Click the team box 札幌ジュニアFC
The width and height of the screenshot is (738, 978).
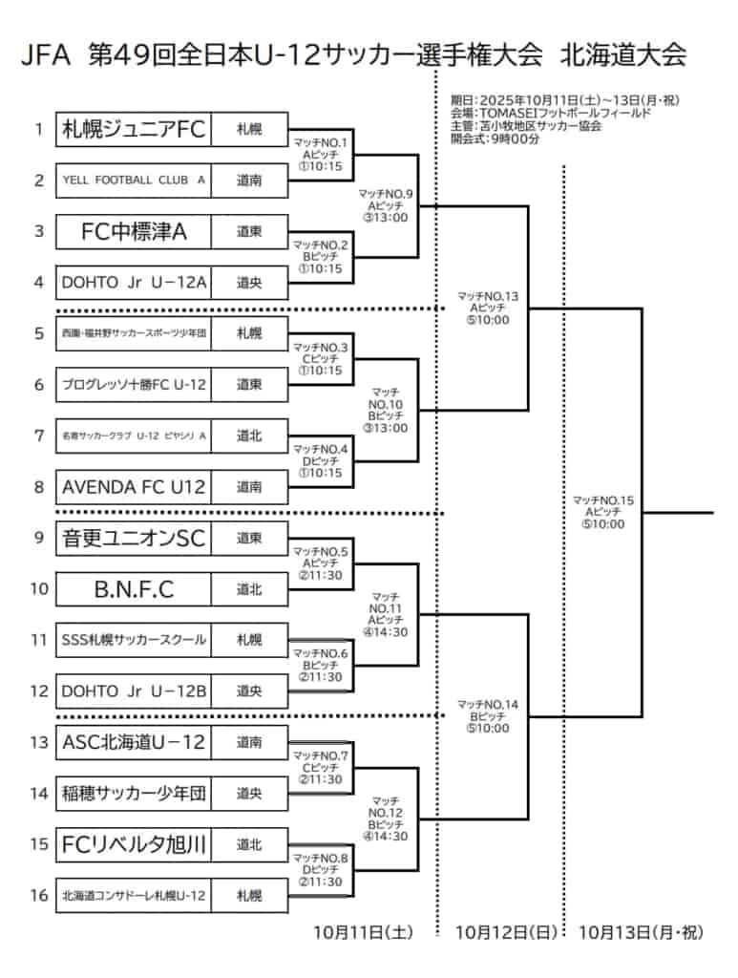pyautogui.click(x=134, y=130)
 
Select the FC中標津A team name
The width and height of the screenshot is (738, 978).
pyautogui.click(x=134, y=231)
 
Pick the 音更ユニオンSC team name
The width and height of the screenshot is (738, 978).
pyautogui.click(x=134, y=538)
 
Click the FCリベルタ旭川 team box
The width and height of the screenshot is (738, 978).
pyautogui.click(x=134, y=844)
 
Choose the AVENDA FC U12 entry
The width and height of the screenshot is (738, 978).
pyautogui.click(x=134, y=487)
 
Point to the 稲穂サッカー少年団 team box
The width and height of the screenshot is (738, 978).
pyautogui.click(x=134, y=793)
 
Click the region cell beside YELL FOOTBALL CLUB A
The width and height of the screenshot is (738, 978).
pyautogui.click(x=249, y=181)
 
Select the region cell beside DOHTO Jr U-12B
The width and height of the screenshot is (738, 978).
pyautogui.click(x=249, y=691)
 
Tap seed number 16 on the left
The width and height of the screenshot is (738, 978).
pyautogui.click(x=39, y=896)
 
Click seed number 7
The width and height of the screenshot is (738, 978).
pyautogui.click(x=39, y=436)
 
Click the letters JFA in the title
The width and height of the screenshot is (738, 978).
pyautogui.click(x=46, y=54)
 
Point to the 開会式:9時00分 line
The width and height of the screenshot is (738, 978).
pyautogui.click(x=496, y=138)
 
